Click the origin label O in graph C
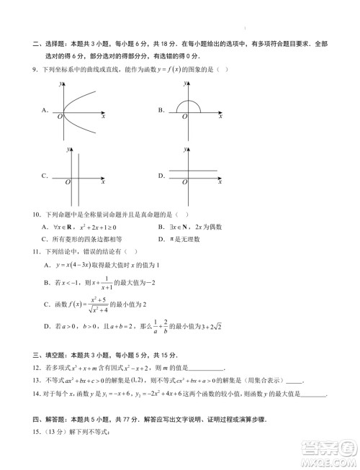click(67, 183)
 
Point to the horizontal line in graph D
click(189, 171)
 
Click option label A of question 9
click(45, 110)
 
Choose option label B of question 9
click(162, 110)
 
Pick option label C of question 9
click(45, 176)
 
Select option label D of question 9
click(162, 176)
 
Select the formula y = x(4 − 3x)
click(74, 266)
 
